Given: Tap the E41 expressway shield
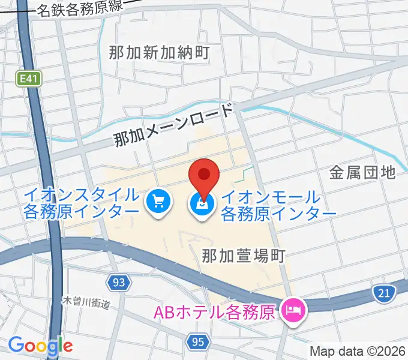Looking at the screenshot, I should pyautogui.click(x=26, y=78).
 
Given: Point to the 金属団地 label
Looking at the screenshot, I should pyautogui.click(x=362, y=173).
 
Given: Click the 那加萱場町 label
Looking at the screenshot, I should pyautogui.click(x=242, y=255).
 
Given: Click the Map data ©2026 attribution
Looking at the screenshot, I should pyautogui.click(x=358, y=351).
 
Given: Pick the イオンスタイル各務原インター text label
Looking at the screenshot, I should pyautogui.click(x=82, y=204).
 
